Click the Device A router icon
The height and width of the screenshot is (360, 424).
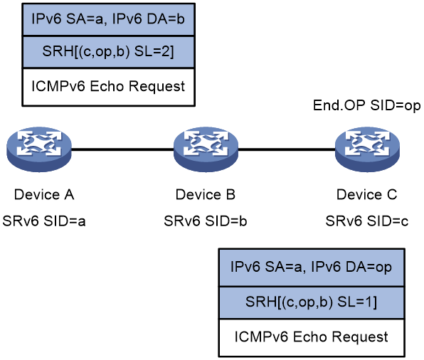tap(39, 149)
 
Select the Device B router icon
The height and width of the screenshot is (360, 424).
tap(206, 149)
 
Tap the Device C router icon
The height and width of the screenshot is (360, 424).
tap(367, 149)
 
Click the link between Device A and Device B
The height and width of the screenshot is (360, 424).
tap(122, 149)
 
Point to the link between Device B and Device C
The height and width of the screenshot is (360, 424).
tap(287, 149)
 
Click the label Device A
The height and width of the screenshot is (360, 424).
tap(44, 195)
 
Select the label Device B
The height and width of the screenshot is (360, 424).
tap(206, 195)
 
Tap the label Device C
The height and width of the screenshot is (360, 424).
tap(366, 195)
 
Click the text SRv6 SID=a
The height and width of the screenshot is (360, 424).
tap(44, 221)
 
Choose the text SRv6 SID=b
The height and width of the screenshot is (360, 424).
tap(206, 221)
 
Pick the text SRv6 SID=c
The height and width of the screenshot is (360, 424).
tap(366, 221)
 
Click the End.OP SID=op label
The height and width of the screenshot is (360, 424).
tap(366, 105)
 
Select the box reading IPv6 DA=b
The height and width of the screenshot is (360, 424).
tap(108, 19)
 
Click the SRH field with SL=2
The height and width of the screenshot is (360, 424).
tap(108, 52)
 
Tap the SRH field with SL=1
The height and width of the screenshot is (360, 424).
tap(312, 302)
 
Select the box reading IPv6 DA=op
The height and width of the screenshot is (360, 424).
tap(312, 268)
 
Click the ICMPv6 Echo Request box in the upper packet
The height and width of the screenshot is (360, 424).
tap(108, 87)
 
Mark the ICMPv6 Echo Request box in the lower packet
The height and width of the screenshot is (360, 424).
tap(312, 338)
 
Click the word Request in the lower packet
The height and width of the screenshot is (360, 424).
tap(360, 338)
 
